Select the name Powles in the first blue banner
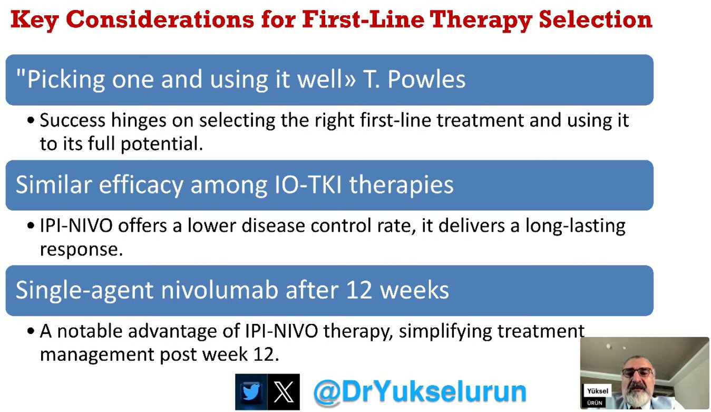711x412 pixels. pyautogui.click(x=426, y=79)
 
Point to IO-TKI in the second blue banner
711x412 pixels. pyautogui.click(x=308, y=185)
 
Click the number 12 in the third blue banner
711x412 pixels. pyautogui.click(x=359, y=290)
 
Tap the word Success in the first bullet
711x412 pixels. pyautogui.click(x=72, y=120)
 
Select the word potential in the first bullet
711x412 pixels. pyautogui.click(x=162, y=145)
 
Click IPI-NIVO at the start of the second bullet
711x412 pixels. pyautogui.click(x=76, y=226)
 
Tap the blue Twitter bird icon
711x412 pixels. pyautogui.click(x=251, y=392)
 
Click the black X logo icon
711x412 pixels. pyautogui.click(x=284, y=392)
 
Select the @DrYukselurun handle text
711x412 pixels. pyautogui.click(x=420, y=392)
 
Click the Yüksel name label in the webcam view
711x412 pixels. pyautogui.click(x=597, y=391)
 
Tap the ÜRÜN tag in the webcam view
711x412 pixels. pyautogui.click(x=595, y=403)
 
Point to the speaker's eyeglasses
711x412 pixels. pyautogui.click(x=637, y=372)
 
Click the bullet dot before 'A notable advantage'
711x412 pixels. pyautogui.click(x=31, y=331)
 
